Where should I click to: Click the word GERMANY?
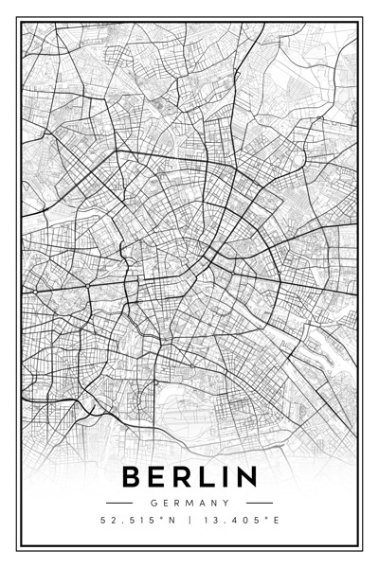[x=189, y=503]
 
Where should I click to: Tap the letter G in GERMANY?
[x=153, y=503]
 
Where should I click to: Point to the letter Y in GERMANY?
[x=227, y=503]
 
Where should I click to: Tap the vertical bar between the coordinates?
[x=189, y=521]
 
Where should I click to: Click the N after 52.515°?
[x=173, y=521]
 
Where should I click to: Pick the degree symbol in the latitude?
[x=164, y=518]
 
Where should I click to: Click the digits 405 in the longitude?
[x=248, y=521]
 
